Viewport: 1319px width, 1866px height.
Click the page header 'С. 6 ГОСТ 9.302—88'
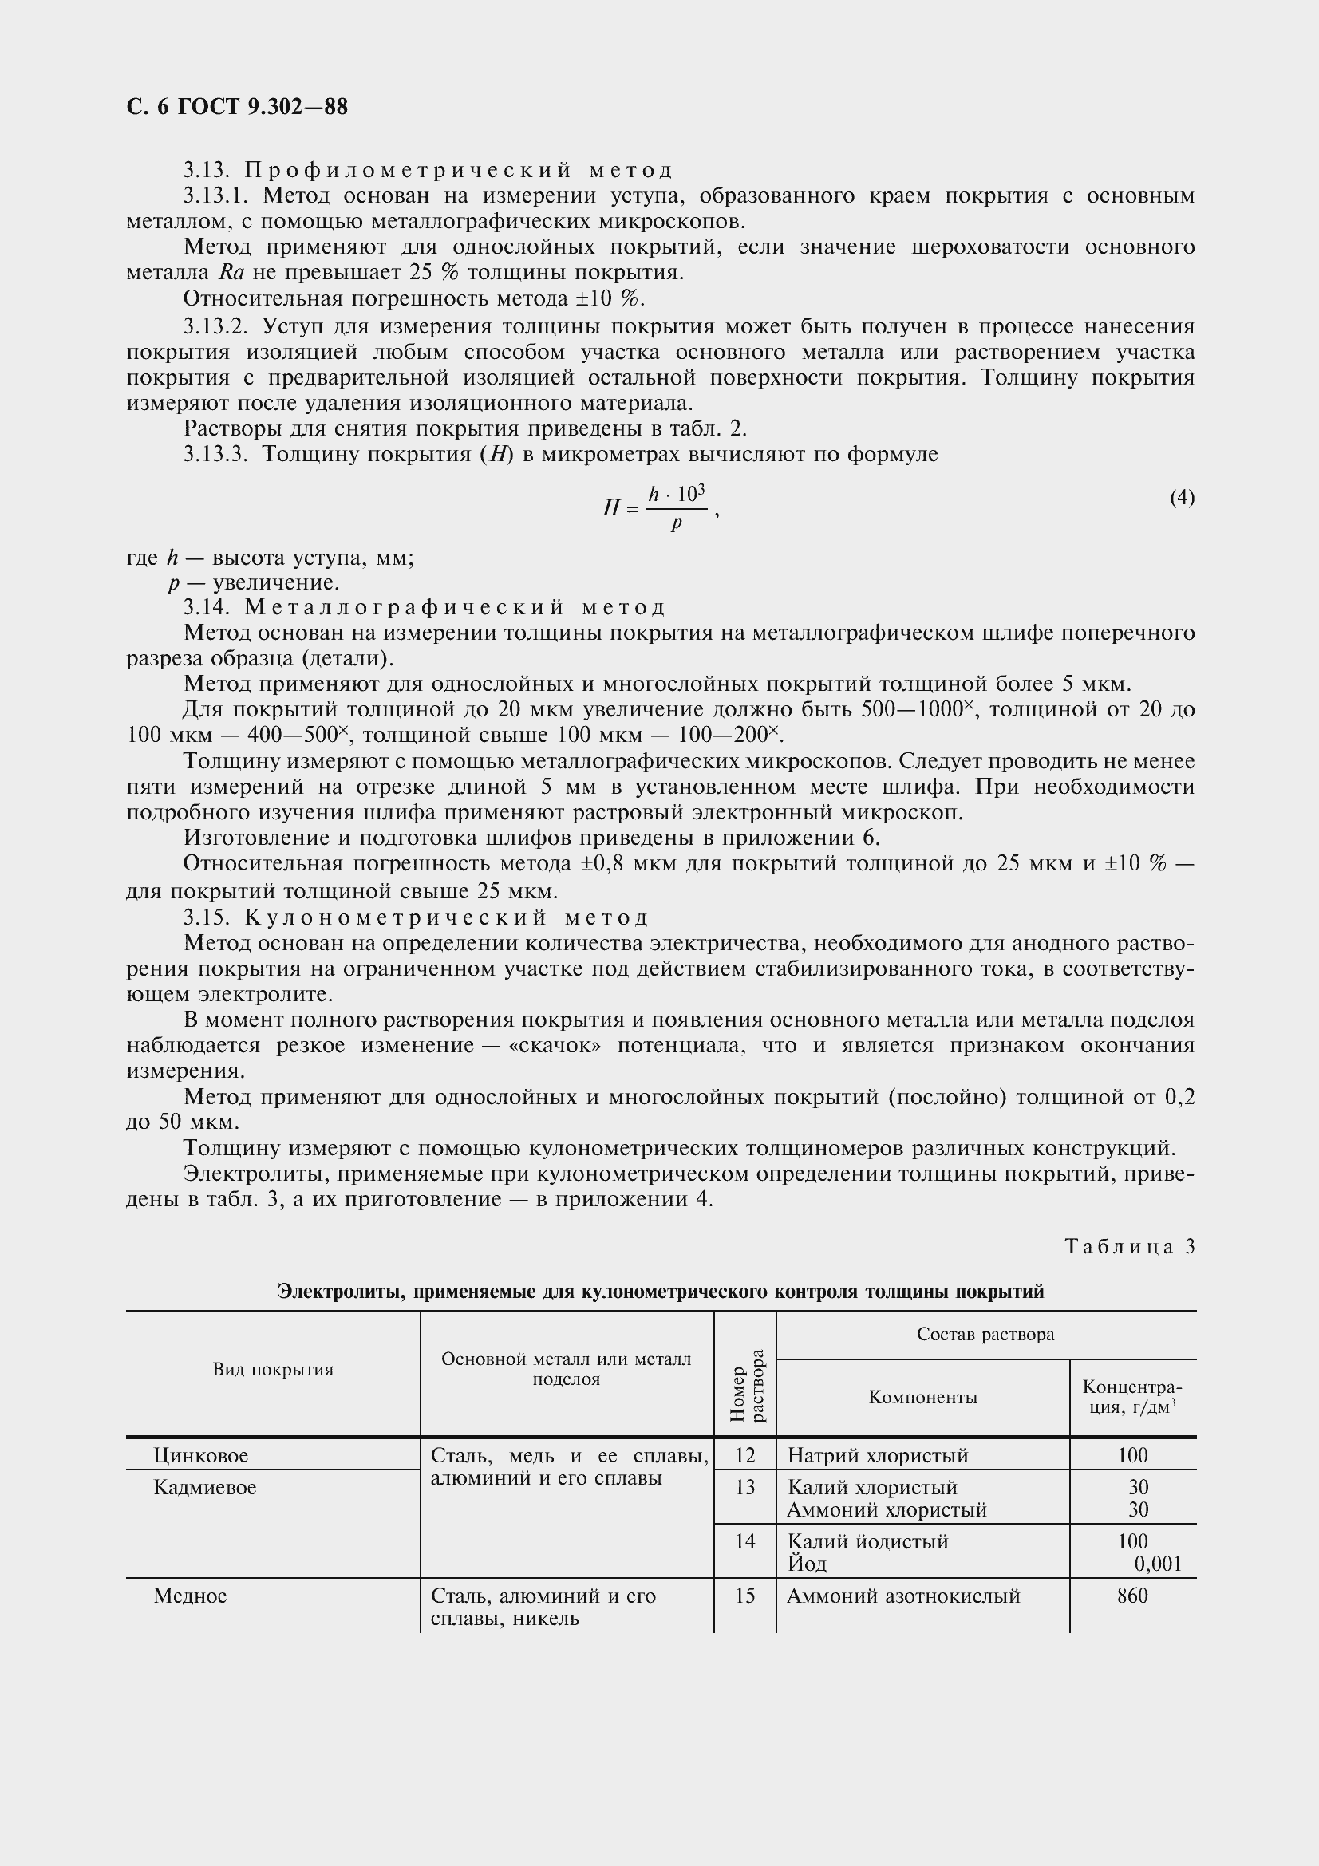click(237, 107)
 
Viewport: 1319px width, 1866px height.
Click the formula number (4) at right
click(1182, 496)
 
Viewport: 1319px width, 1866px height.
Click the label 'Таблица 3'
click(1130, 1247)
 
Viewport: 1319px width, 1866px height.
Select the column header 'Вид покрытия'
click(273, 1371)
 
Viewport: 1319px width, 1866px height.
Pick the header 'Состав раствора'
click(985, 1335)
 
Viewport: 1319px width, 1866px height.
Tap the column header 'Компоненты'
click(922, 1397)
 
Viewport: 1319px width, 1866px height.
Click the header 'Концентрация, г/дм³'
click(1132, 1397)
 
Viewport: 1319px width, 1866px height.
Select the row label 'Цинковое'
click(201, 1456)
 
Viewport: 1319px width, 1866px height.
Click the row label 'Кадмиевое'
click(205, 1487)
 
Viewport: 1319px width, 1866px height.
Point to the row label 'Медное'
click(190, 1596)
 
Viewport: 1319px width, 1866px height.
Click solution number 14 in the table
click(744, 1542)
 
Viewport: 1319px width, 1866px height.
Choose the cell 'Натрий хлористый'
click(878, 1456)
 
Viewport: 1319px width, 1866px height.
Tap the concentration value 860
click(1132, 1596)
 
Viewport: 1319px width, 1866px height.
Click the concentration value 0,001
click(1157, 1564)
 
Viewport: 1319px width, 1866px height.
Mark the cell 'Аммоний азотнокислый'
click(903, 1596)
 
